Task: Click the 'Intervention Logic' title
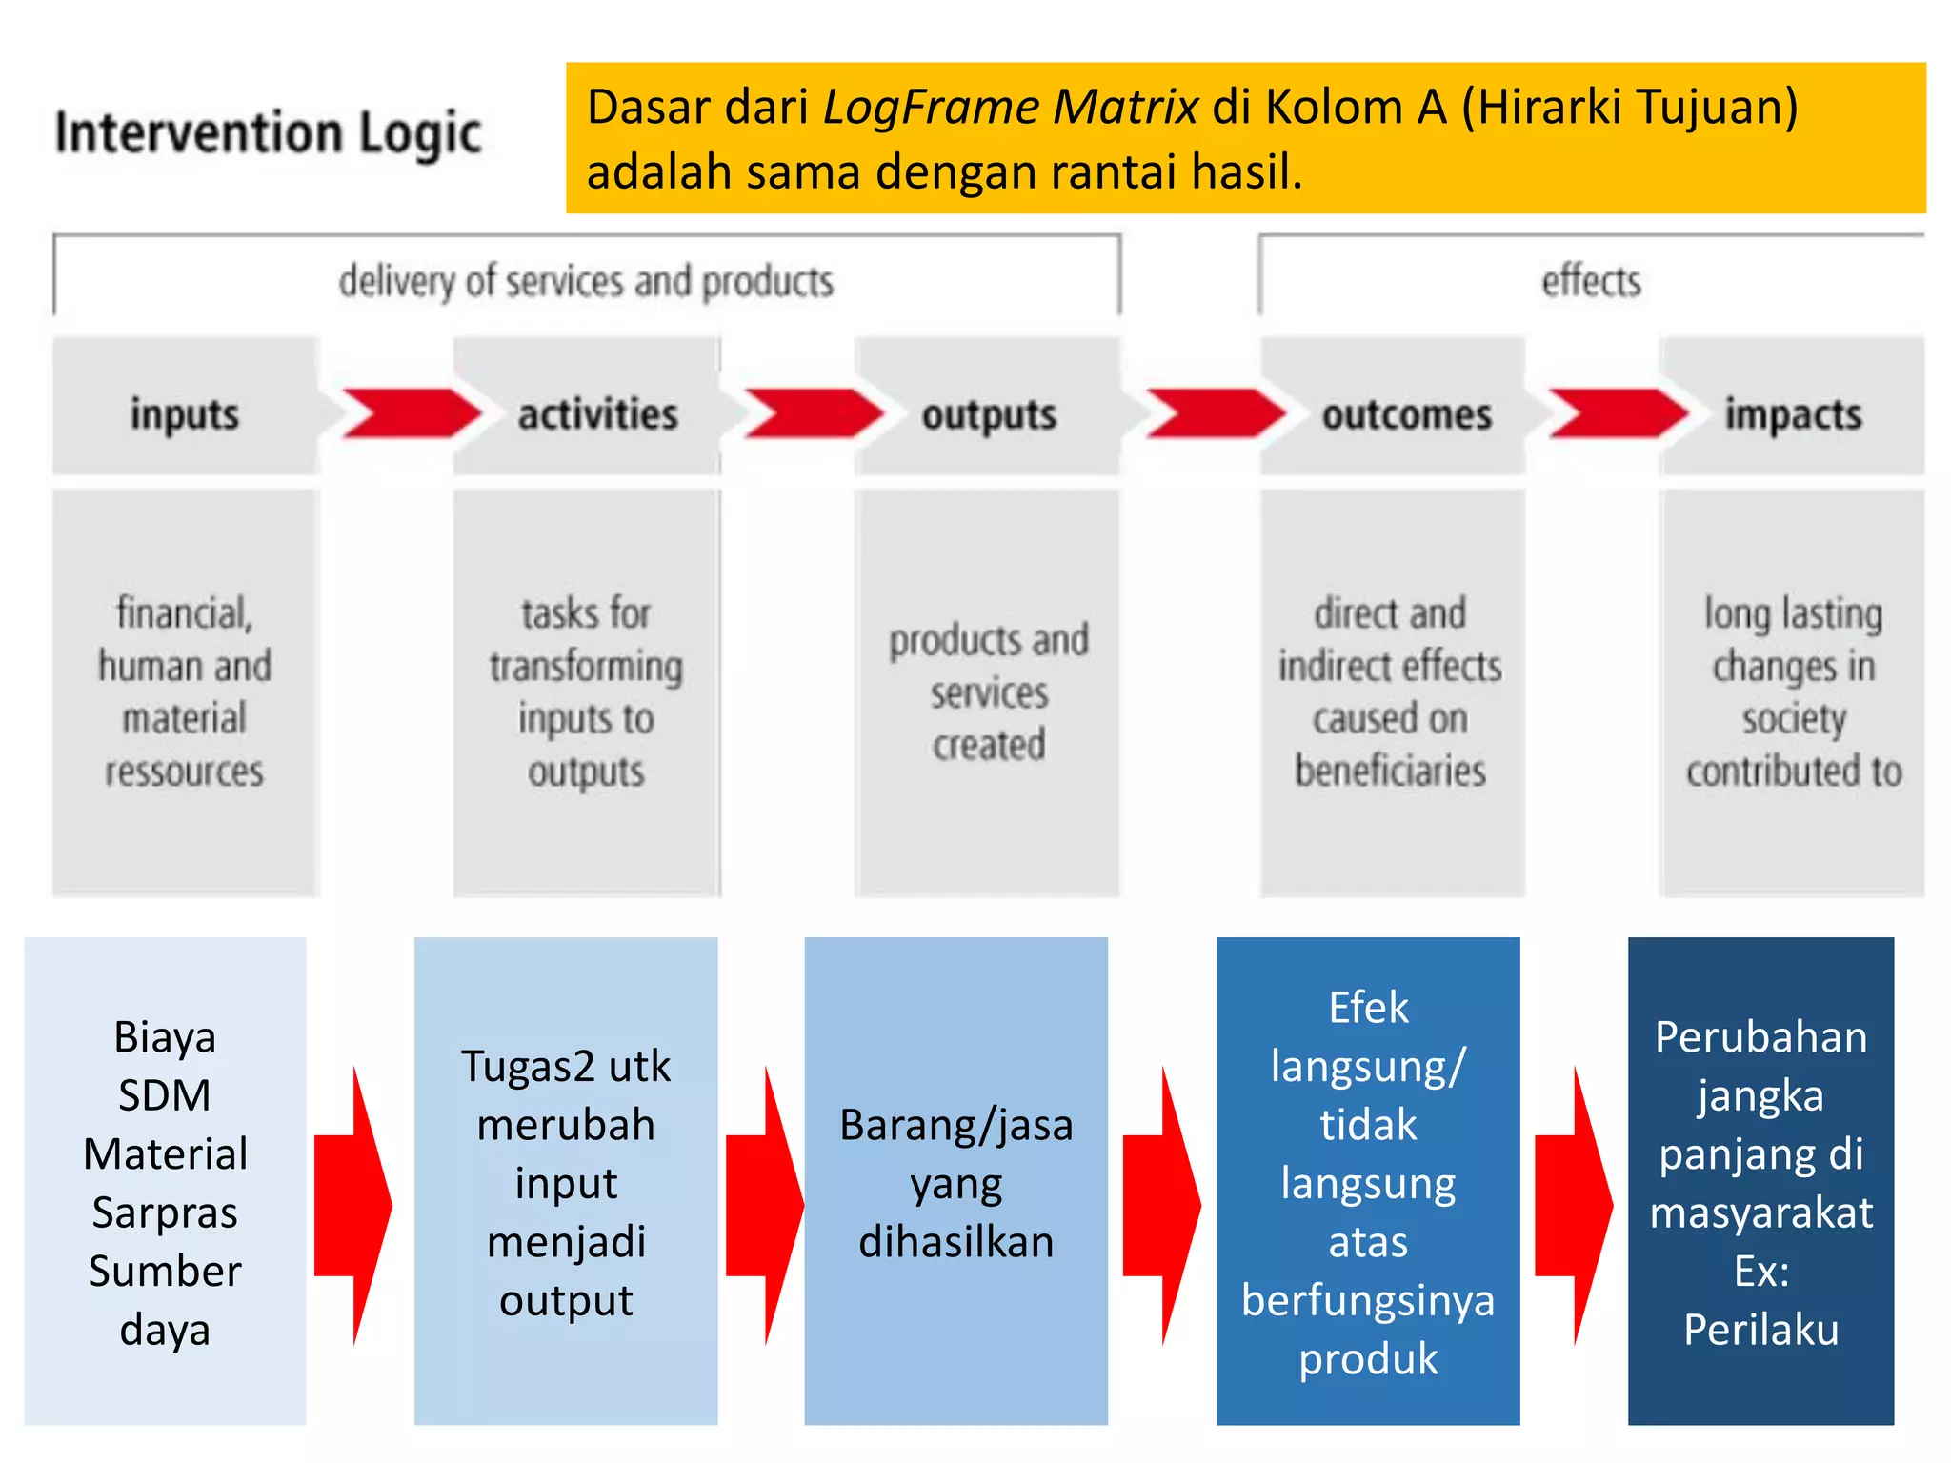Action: click(x=268, y=133)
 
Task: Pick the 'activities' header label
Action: click(x=597, y=414)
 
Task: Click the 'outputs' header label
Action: click(x=989, y=415)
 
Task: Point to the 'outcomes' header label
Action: click(x=1406, y=415)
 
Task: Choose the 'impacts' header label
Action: click(x=1793, y=415)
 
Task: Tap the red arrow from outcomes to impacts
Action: click(x=1615, y=413)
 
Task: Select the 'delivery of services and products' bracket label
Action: click(x=586, y=282)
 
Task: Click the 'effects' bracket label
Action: click(x=1591, y=282)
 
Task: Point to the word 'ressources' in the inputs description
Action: click(x=184, y=771)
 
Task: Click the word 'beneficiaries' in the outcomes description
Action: click(x=1390, y=771)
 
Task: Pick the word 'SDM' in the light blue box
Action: click(x=165, y=1095)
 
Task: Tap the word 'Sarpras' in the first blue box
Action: click(x=165, y=1212)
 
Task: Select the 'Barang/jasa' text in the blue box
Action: click(x=955, y=1125)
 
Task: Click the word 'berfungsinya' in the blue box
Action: click(x=1368, y=1300)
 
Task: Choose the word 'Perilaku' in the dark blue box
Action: click(x=1760, y=1330)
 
